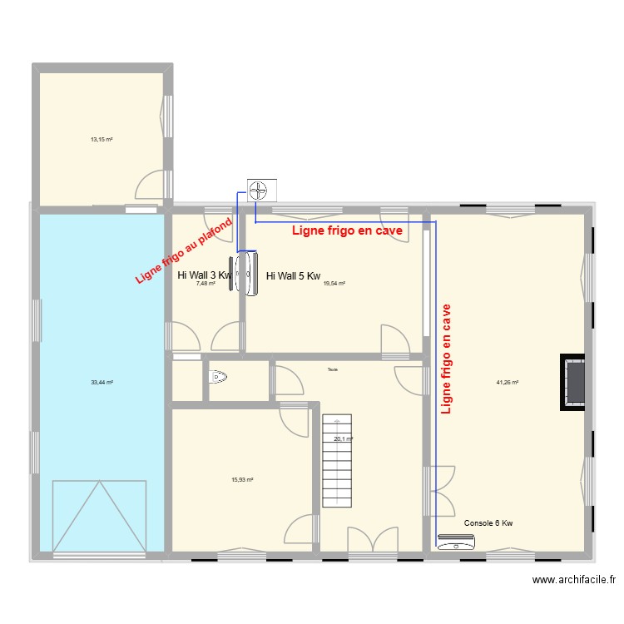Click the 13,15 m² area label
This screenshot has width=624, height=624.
(x=102, y=139)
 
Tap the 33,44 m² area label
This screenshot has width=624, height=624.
(x=102, y=382)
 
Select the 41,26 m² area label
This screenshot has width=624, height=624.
(x=508, y=383)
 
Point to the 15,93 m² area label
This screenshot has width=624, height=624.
(x=242, y=479)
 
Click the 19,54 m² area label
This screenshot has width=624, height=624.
(x=334, y=283)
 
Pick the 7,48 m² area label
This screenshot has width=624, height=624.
(x=206, y=283)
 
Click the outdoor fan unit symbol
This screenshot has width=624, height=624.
(x=261, y=191)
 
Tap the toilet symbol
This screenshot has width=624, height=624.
(x=218, y=379)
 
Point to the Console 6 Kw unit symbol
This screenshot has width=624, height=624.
(x=457, y=544)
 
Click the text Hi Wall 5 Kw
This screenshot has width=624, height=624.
(x=293, y=276)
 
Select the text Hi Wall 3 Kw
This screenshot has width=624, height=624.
(x=204, y=275)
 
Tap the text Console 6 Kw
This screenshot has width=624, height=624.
(x=488, y=522)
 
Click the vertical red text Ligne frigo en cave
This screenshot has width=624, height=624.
(x=447, y=359)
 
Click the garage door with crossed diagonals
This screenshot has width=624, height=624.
(x=100, y=515)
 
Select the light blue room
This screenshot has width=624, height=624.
(x=102, y=333)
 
